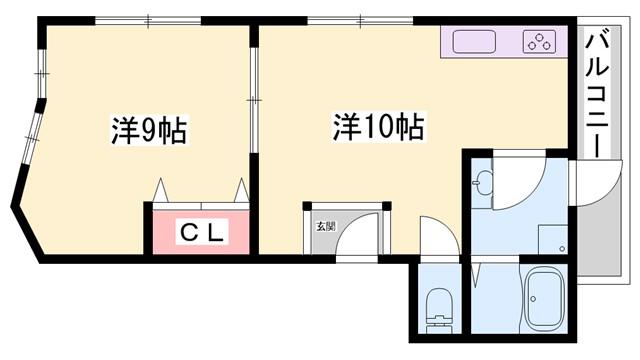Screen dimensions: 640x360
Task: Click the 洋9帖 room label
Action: click(x=149, y=130)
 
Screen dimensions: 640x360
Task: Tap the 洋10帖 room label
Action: click(x=379, y=127)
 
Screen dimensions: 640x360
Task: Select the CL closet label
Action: click(x=202, y=233)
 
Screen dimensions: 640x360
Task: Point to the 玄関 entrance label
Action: click(x=325, y=226)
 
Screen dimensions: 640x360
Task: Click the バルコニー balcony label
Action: click(x=597, y=95)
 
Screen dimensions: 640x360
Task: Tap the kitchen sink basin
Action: click(x=474, y=41)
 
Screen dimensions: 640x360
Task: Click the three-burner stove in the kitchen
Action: click(x=539, y=41)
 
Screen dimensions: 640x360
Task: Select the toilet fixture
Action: click(x=438, y=310)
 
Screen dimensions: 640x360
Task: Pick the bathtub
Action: click(x=544, y=298)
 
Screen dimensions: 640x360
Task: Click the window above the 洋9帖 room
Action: click(x=148, y=20)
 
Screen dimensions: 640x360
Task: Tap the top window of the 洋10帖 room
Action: click(x=360, y=20)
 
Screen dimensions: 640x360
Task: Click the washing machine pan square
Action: click(x=553, y=239)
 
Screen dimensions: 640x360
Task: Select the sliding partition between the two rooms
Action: click(x=254, y=99)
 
